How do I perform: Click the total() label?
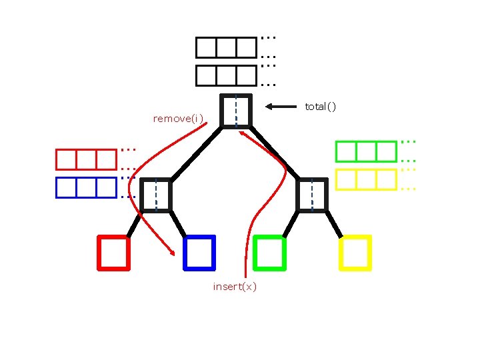(321, 107)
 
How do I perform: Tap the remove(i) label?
(177, 119)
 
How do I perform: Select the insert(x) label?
(235, 287)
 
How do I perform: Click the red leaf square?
(113, 253)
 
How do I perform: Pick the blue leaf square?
(199, 253)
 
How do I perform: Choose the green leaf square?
(270, 253)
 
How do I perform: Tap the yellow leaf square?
(355, 253)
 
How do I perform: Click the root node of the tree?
(236, 111)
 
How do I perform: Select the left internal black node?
(156, 195)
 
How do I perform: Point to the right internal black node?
(312, 195)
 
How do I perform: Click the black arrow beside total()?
(280, 106)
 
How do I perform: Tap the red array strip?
(86, 159)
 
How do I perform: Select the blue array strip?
(86, 187)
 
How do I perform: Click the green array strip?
(365, 151)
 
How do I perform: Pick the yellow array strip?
(365, 179)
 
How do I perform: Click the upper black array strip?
(226, 47)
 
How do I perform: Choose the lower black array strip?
(226, 75)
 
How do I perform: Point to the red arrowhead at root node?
(243, 133)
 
